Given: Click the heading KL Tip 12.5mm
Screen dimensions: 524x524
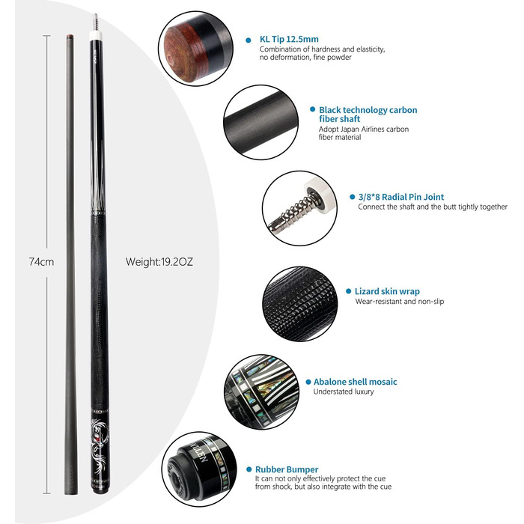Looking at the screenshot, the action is (x=289, y=39).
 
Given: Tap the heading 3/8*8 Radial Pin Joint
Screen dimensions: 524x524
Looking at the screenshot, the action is (x=401, y=197).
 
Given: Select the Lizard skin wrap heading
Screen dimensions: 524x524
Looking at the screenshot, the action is (x=387, y=291).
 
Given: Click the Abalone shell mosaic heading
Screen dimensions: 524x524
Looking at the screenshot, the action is (x=356, y=382).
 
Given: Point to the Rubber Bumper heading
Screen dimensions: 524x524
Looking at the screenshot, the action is (x=287, y=469).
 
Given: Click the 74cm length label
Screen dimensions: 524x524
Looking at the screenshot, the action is (x=41, y=262).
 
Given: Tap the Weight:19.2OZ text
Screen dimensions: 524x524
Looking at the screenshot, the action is (x=159, y=262).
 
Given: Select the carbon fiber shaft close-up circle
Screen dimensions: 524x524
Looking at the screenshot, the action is (x=261, y=122).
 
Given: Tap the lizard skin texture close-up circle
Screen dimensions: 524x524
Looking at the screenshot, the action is (x=299, y=304).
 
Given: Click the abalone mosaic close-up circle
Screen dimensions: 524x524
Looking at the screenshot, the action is (x=262, y=392).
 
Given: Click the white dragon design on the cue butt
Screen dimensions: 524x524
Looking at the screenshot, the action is (x=100, y=445).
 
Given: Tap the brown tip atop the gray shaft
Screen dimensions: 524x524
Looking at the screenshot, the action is (x=70, y=36).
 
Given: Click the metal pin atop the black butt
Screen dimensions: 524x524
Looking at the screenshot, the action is (x=96, y=22).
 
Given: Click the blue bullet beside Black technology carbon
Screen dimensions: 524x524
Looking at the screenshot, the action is (x=312, y=109).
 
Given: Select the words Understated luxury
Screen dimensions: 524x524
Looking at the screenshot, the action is (x=344, y=392).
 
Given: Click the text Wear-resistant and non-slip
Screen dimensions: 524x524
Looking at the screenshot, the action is (x=399, y=302).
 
